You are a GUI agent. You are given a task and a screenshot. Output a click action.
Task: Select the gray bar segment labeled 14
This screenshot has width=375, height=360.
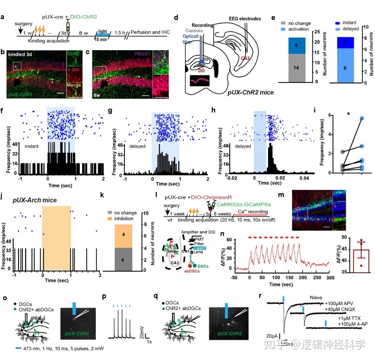[297, 68]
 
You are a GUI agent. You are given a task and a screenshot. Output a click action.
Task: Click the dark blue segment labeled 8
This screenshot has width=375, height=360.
[297, 45]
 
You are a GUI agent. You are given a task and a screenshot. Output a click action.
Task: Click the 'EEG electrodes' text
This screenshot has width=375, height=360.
[245, 19]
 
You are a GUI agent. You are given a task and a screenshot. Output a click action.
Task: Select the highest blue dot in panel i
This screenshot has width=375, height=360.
[362, 118]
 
